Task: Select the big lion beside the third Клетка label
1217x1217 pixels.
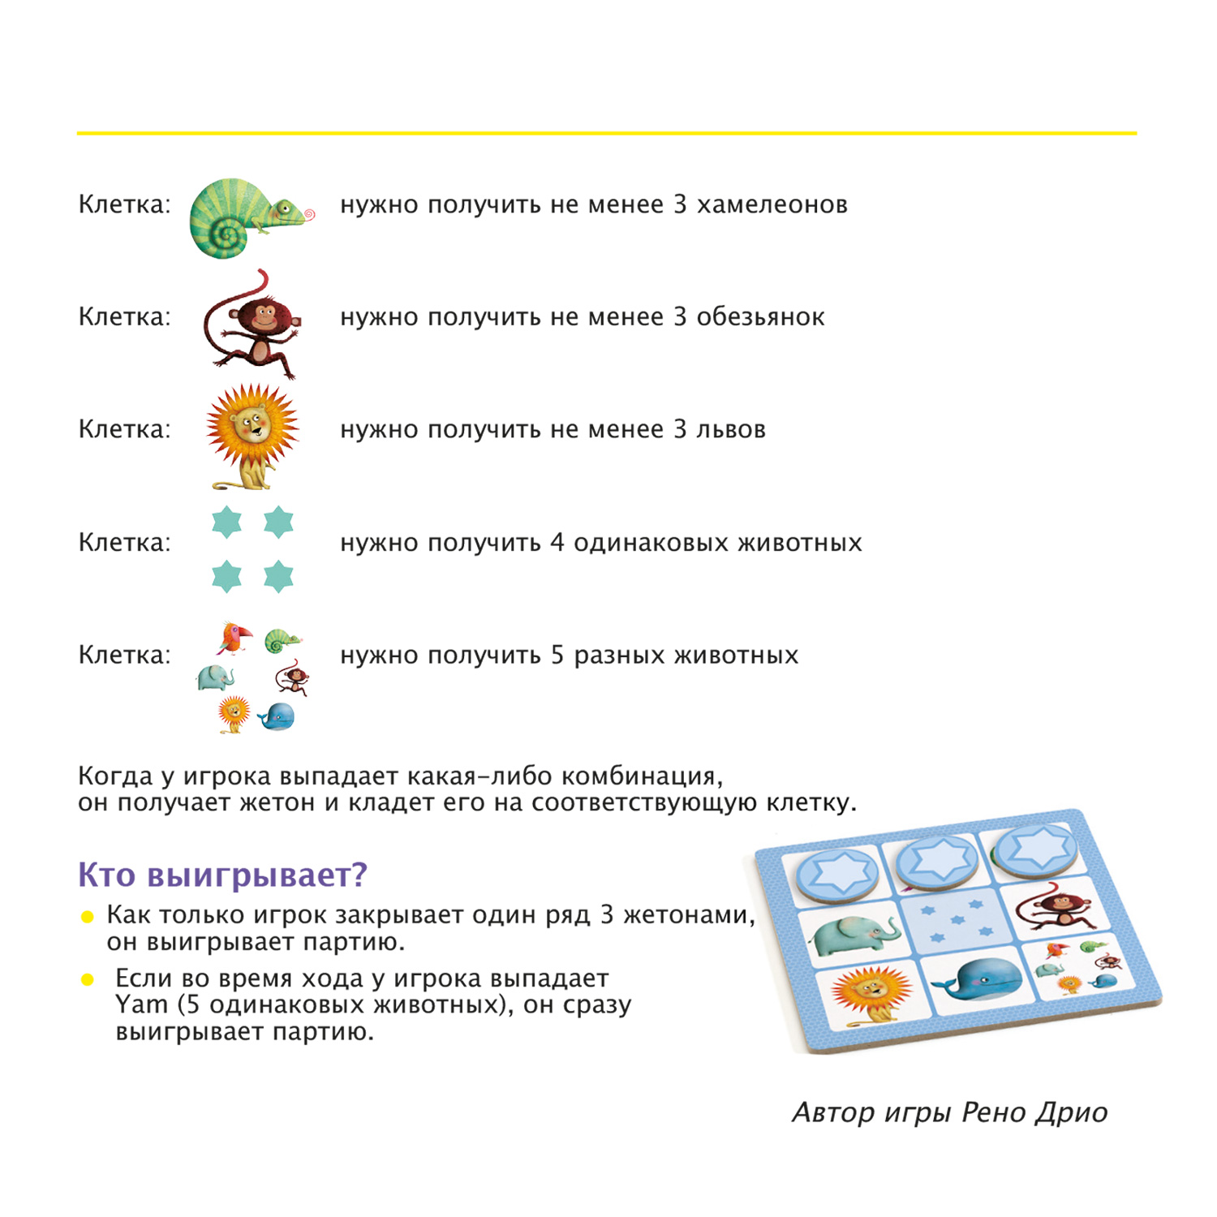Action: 252,434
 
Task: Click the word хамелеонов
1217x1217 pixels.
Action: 772,204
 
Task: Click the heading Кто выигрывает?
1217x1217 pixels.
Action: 222,875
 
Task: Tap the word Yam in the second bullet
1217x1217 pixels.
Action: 140,1004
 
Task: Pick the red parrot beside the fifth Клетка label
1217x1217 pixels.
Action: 234,638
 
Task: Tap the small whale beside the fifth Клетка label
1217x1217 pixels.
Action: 277,716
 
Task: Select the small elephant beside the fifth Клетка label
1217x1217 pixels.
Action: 216,677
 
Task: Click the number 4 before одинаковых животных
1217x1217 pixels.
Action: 557,542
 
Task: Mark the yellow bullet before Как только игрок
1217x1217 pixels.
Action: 88,917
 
